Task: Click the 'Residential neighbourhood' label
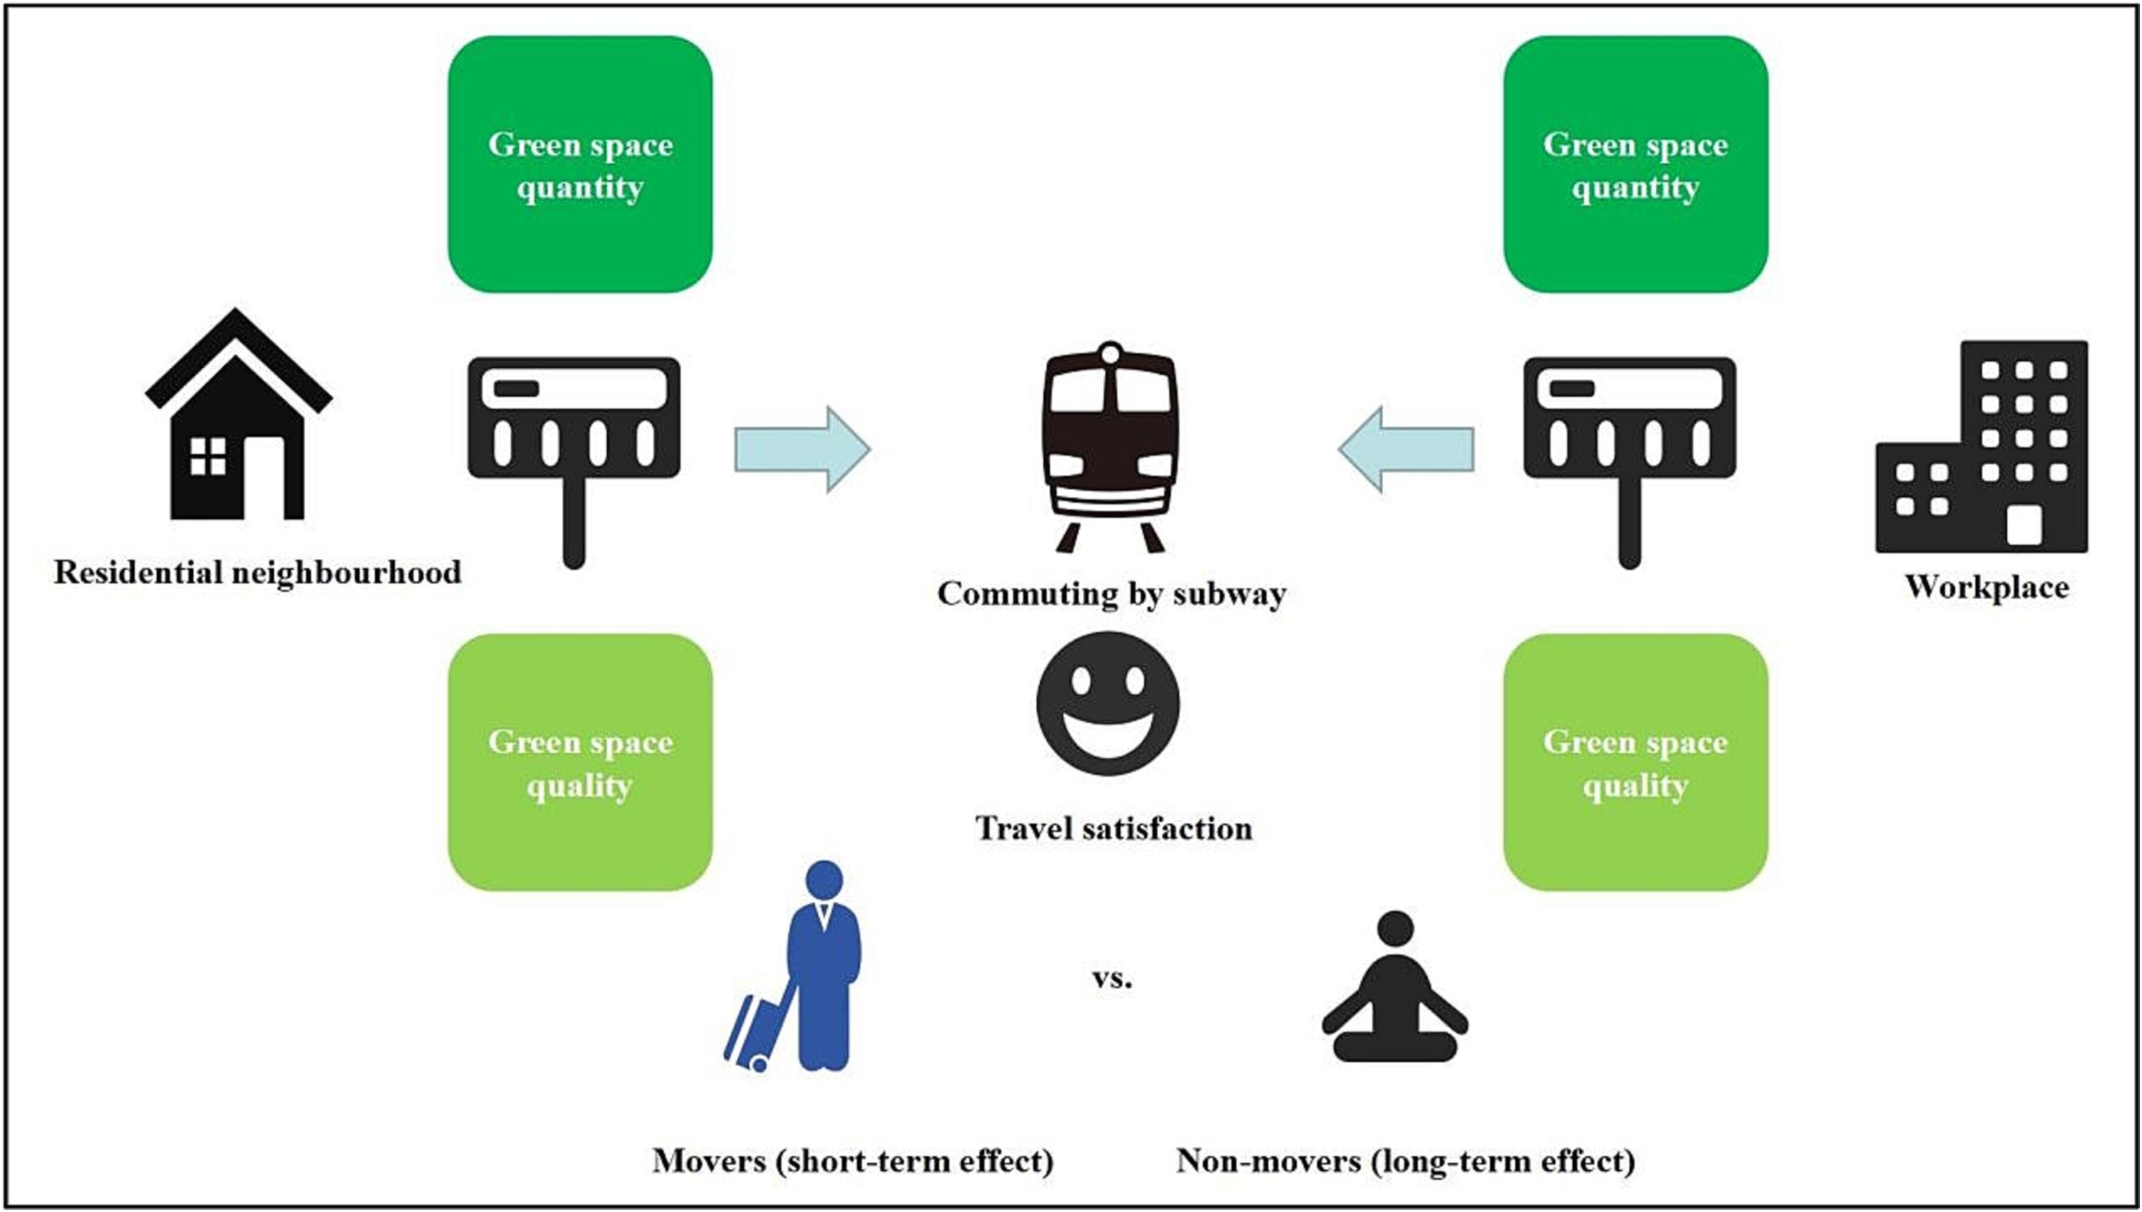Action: point(257,572)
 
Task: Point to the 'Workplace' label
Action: point(1986,587)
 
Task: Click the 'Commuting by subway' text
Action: point(1111,594)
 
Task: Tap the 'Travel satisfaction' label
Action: point(1114,829)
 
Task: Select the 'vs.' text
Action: point(1111,979)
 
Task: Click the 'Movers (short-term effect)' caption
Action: point(853,1161)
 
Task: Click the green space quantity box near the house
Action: point(580,164)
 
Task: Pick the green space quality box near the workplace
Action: point(1635,762)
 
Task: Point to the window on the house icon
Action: point(207,456)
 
